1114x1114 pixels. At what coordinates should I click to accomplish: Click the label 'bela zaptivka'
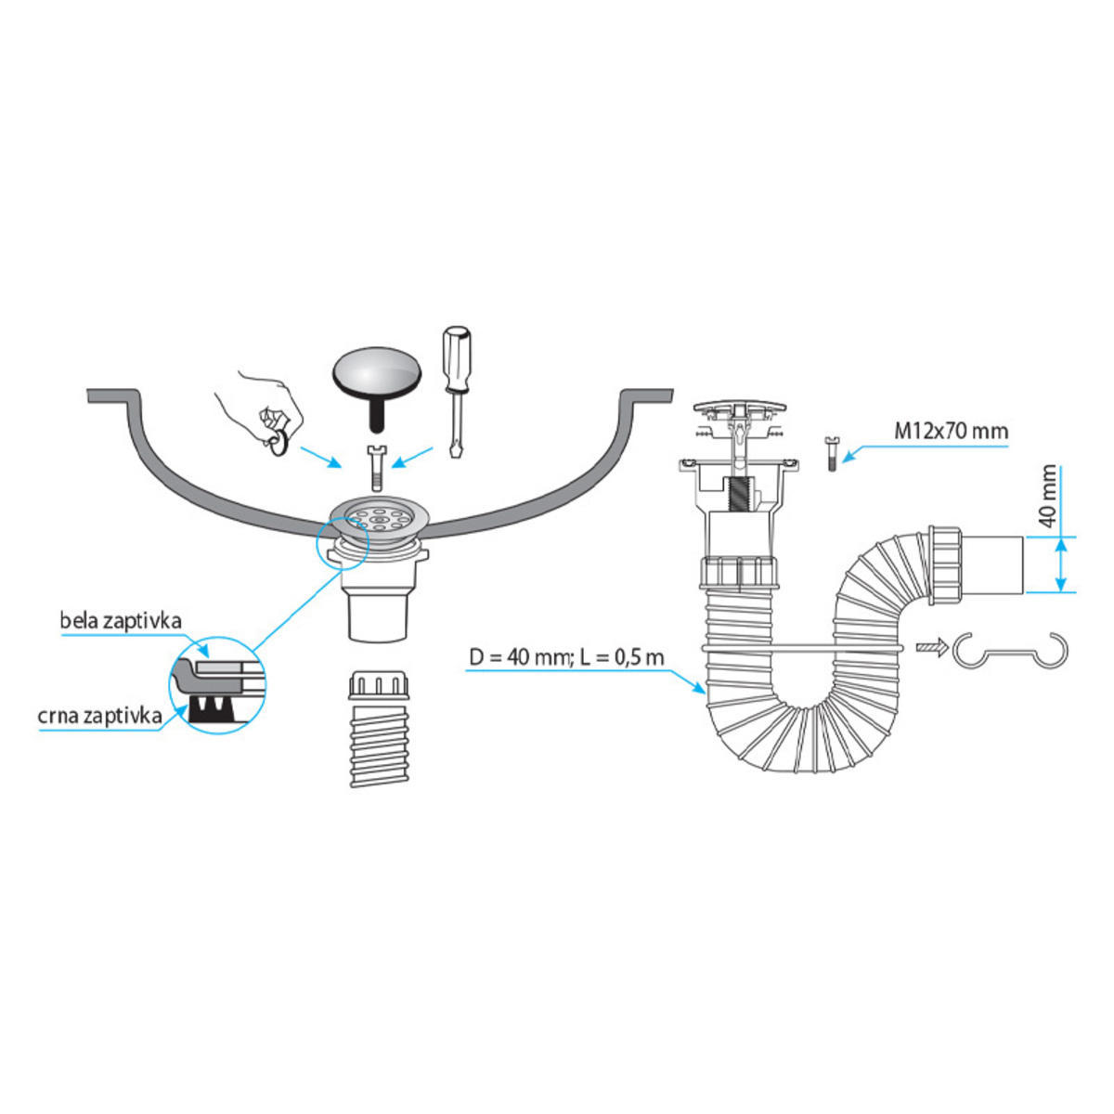tap(121, 621)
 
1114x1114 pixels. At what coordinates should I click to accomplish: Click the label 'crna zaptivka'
tap(99, 717)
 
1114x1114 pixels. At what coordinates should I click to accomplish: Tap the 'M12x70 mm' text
tap(951, 432)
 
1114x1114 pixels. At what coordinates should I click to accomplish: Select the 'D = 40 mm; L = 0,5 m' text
tap(566, 658)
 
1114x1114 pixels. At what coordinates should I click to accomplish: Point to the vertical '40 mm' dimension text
tap(1047, 497)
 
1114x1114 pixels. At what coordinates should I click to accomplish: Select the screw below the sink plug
tap(376, 468)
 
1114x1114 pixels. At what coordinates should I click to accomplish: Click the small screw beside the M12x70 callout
tap(831, 455)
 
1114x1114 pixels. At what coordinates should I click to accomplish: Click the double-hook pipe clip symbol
tap(1010, 651)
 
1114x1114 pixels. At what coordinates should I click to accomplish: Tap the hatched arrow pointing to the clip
tap(932, 647)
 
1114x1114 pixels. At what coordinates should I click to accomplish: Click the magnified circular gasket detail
tap(217, 685)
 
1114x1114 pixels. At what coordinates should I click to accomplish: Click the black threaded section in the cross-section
tap(737, 496)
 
